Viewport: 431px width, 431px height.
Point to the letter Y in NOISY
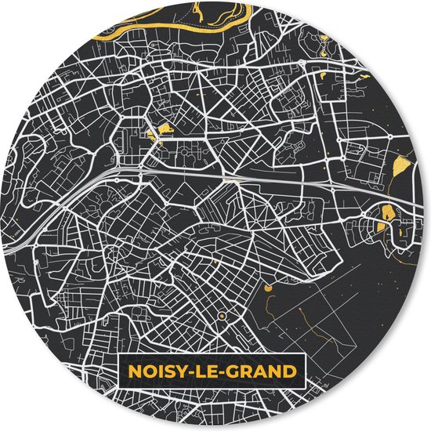[176, 368]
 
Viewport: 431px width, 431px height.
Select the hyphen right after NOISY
[187, 368]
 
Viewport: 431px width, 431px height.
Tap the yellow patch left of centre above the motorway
[164, 129]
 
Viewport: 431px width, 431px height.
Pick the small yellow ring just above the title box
[221, 315]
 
